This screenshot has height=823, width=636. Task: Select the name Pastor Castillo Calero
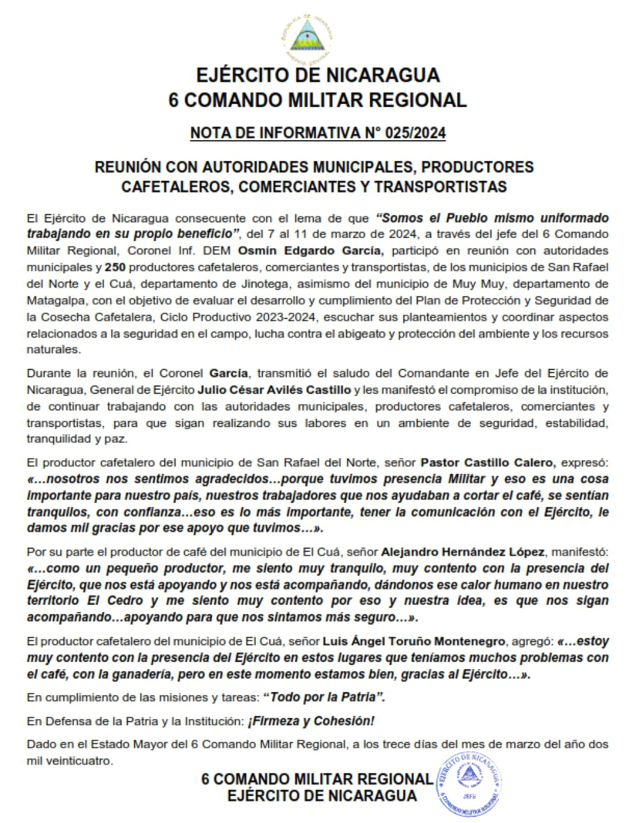tap(487, 462)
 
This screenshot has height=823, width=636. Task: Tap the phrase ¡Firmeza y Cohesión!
tap(309, 721)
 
